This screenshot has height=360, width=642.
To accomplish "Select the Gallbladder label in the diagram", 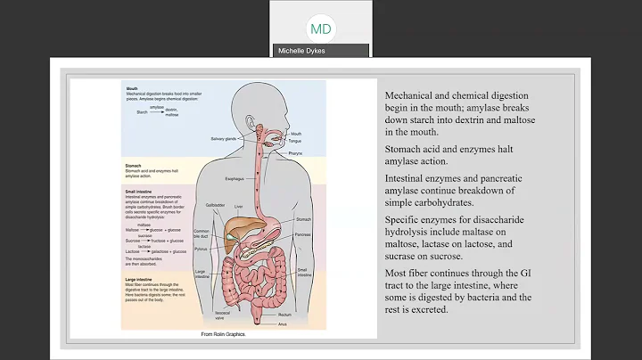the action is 216,204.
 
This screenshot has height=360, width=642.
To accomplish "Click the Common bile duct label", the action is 205,233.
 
